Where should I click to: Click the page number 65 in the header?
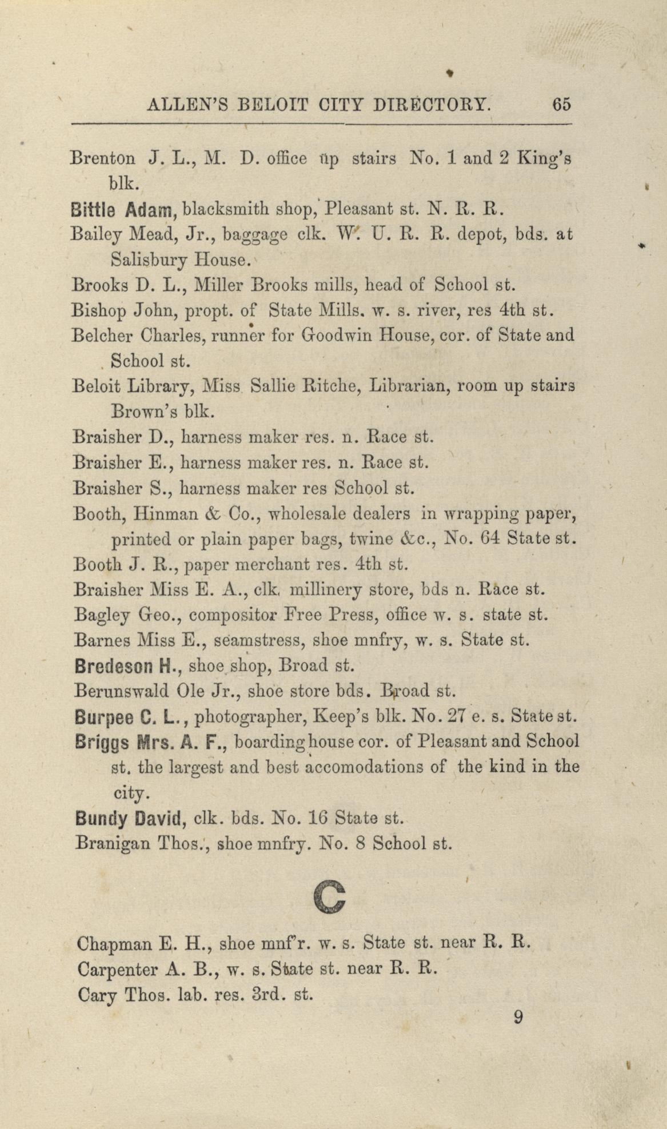click(x=561, y=105)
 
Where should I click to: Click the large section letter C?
click(x=330, y=896)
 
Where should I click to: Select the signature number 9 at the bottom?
click(x=518, y=1018)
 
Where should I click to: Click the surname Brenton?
click(x=103, y=158)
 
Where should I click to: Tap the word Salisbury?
click(x=149, y=261)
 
